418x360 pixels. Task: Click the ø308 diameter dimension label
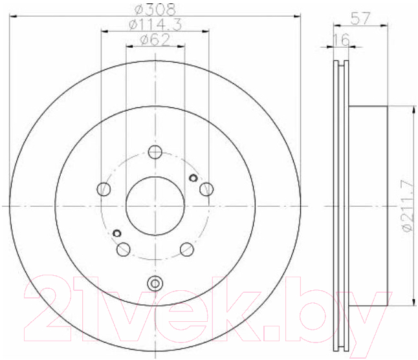(x=155, y=9)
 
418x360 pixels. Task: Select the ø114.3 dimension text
(x=155, y=25)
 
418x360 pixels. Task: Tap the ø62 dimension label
(x=155, y=40)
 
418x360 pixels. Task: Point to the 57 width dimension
(x=360, y=18)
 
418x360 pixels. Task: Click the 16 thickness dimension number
(x=341, y=40)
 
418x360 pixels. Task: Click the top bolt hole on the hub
(x=155, y=153)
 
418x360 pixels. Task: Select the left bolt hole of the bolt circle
(x=104, y=189)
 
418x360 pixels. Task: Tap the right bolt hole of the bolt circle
(x=206, y=189)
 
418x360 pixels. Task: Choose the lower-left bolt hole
(x=124, y=249)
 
